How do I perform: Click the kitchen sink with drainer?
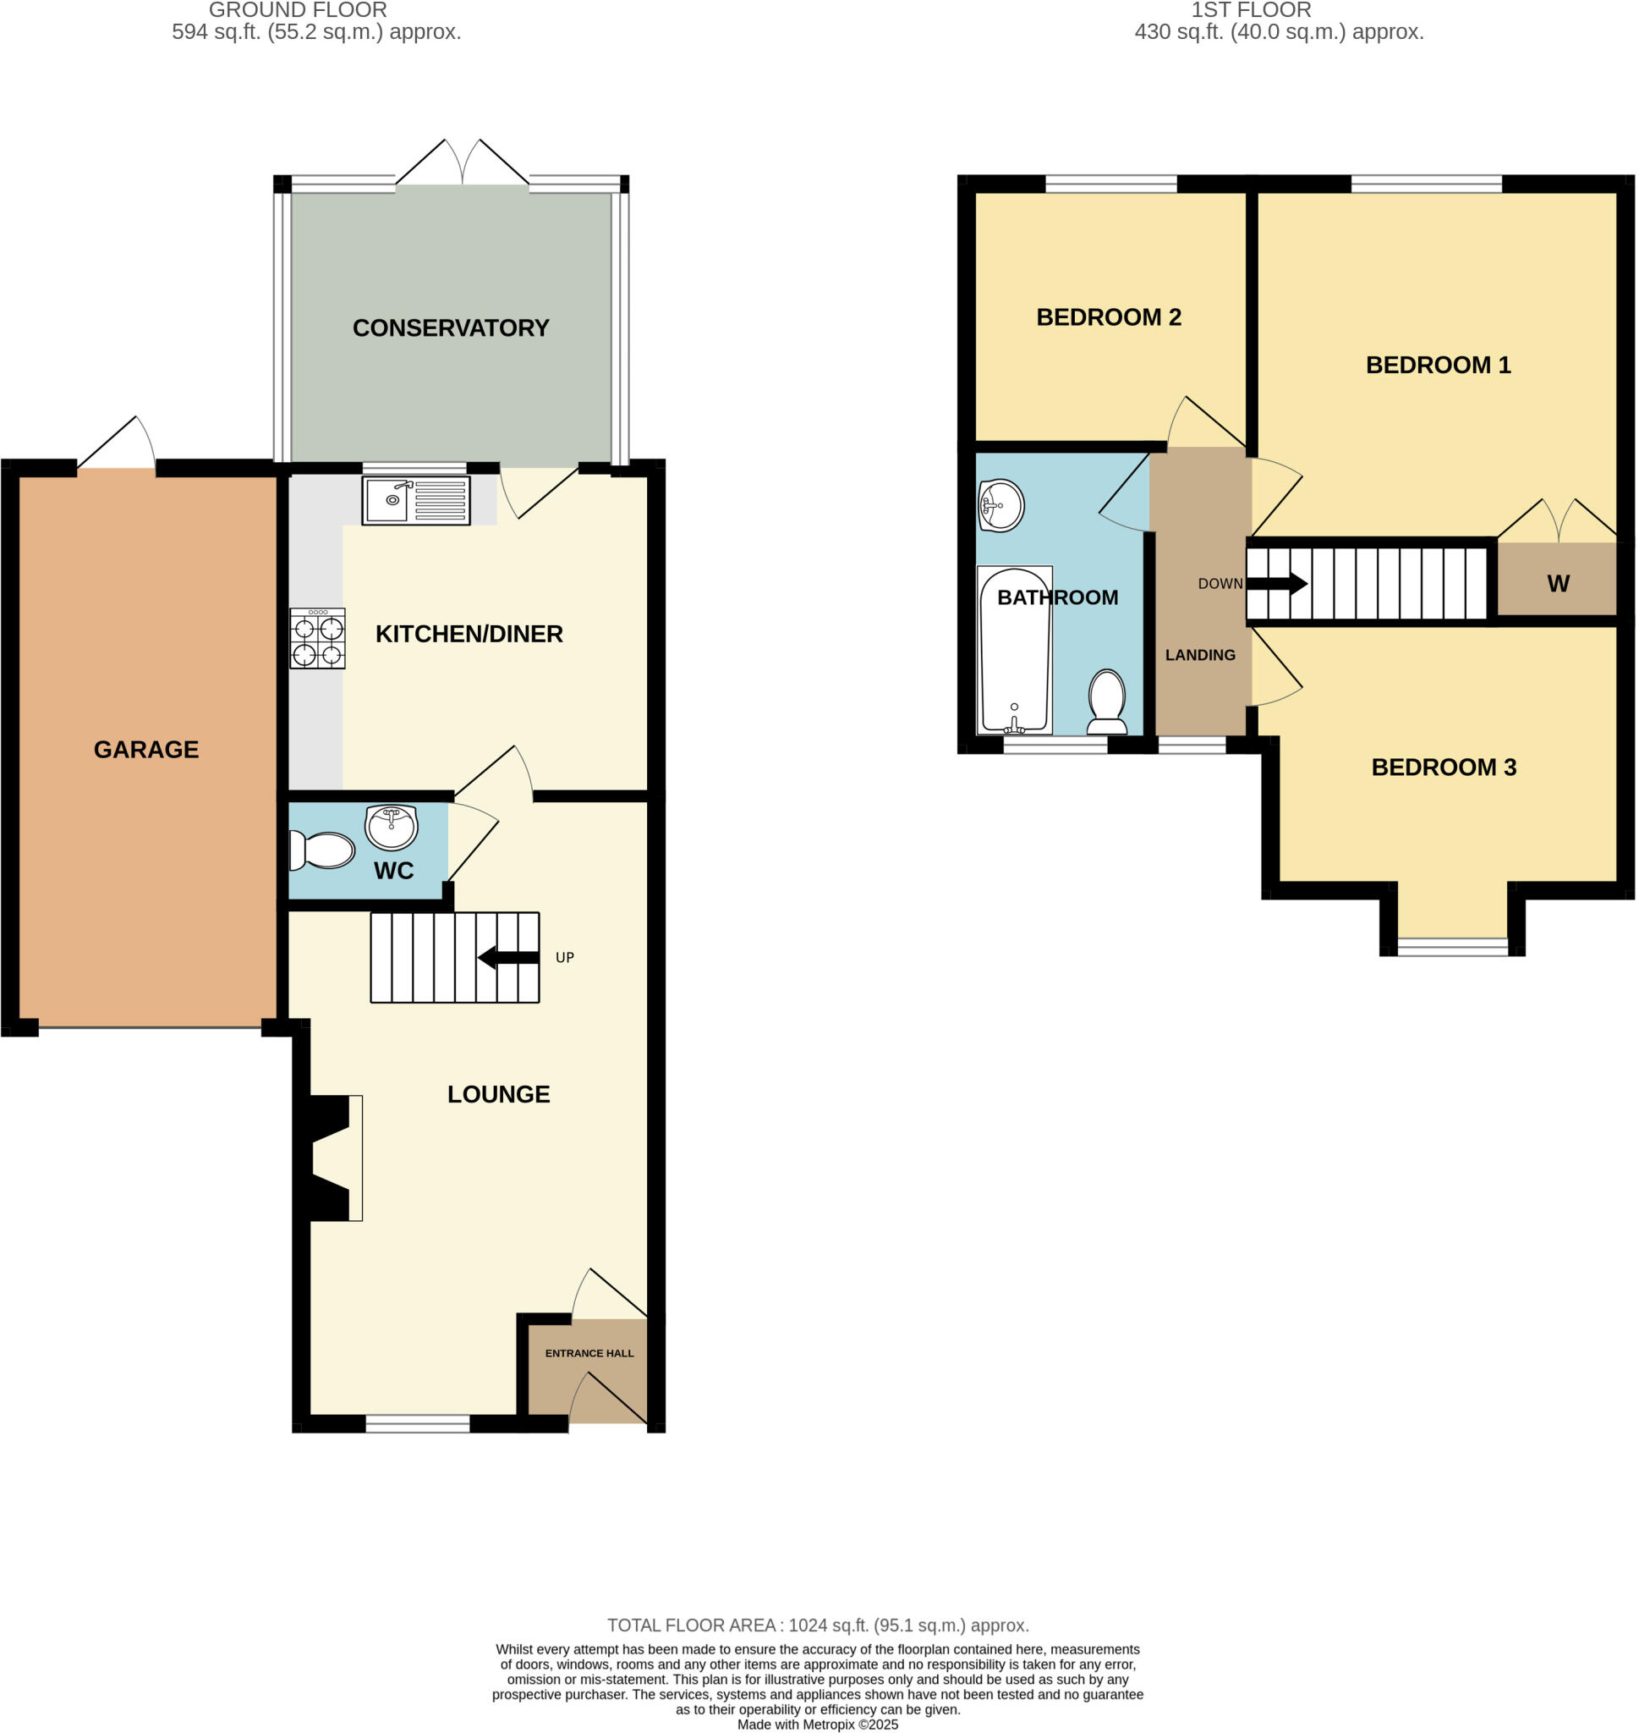point(416,500)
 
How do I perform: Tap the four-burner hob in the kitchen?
point(317,640)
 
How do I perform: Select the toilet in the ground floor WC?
point(323,850)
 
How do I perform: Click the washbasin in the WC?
point(391,826)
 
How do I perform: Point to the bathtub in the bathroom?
point(1014,651)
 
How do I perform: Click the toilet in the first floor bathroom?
point(1107,701)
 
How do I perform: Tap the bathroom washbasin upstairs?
point(1001,505)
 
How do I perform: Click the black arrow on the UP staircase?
point(507,958)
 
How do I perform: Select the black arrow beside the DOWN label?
point(1276,584)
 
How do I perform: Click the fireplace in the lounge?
point(332,1158)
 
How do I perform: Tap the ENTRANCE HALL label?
point(589,1353)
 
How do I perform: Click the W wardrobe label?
point(1558,584)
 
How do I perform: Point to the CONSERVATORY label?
point(451,327)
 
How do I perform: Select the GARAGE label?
point(146,749)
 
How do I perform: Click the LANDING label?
point(1199,655)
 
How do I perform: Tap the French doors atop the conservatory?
point(462,164)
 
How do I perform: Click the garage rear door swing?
point(118,444)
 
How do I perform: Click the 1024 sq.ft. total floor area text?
point(818,1626)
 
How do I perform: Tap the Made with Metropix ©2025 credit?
point(818,1725)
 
